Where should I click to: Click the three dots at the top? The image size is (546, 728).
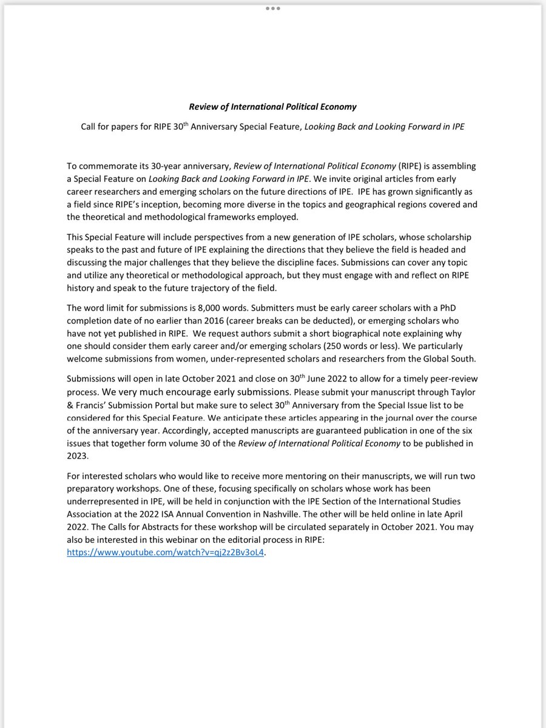[x=272, y=8]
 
